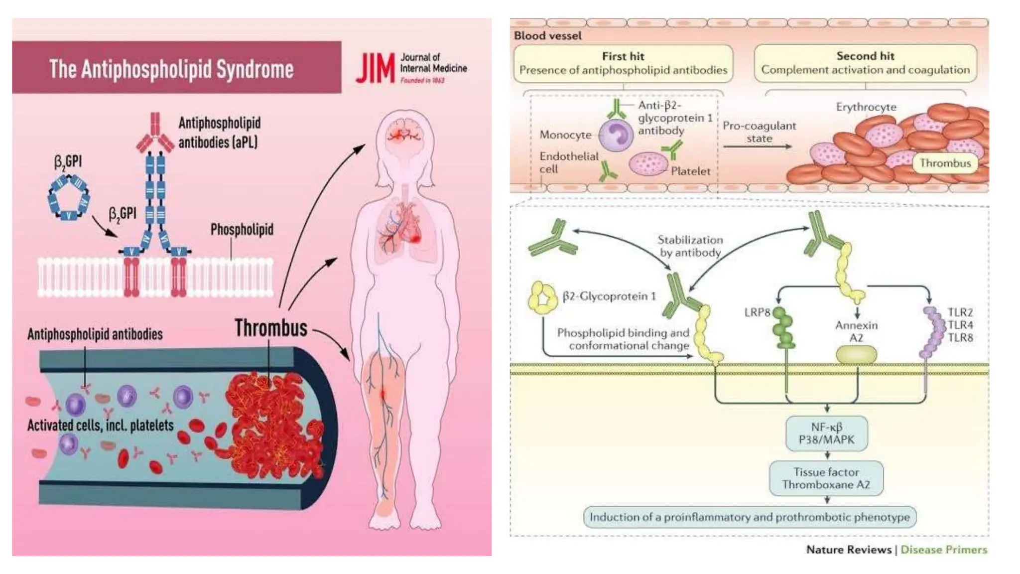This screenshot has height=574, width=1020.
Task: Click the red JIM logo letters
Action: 375,69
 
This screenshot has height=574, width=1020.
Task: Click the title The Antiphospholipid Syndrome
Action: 171,69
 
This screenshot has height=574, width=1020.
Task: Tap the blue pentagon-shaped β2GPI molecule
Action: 70,197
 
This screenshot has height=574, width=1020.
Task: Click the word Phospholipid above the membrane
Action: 242,230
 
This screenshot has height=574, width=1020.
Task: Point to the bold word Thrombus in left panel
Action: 271,328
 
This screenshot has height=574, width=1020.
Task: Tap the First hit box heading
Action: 623,56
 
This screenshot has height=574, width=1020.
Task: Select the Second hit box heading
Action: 865,56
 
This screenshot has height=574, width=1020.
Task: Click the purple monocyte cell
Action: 616,135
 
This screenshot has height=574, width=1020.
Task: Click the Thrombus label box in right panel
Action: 945,163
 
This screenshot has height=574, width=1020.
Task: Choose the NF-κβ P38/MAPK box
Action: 826,433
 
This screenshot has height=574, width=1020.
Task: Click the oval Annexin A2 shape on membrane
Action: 856,355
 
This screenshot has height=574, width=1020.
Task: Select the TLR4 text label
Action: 960,325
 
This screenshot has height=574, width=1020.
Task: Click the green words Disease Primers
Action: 943,550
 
